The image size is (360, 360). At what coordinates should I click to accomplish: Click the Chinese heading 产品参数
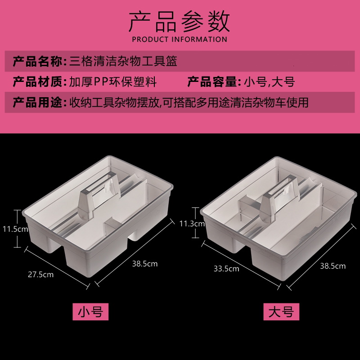point(180,21)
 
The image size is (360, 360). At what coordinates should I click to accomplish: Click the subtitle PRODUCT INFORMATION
point(180,39)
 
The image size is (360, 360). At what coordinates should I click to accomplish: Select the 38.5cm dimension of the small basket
point(145,264)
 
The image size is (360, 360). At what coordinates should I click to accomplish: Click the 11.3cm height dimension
point(192,223)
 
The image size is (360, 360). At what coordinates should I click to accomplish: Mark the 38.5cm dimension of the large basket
point(333,265)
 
